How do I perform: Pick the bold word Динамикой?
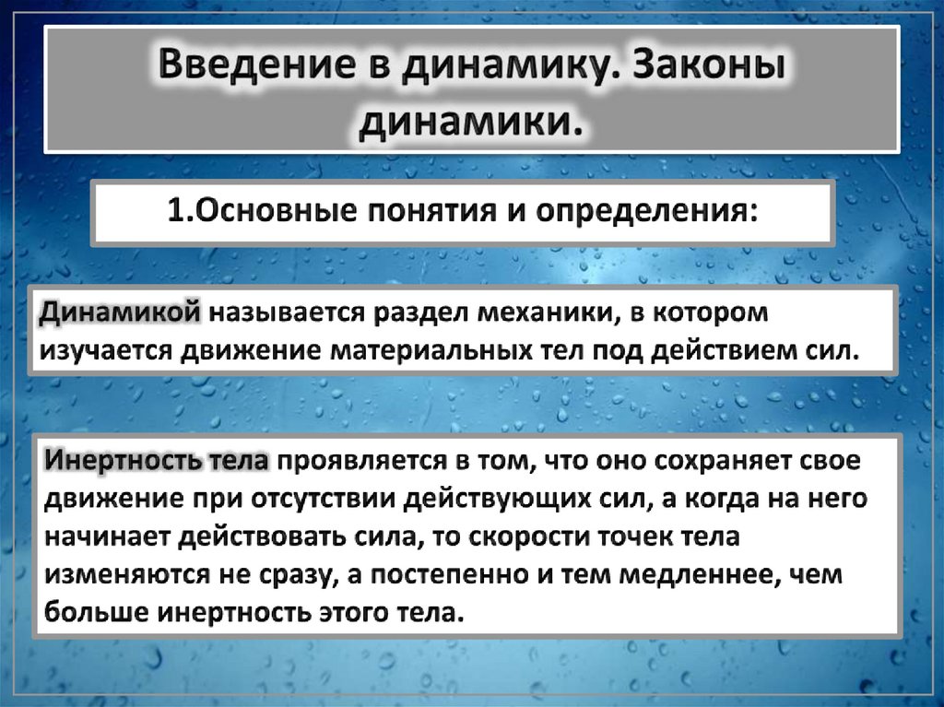point(120,313)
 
